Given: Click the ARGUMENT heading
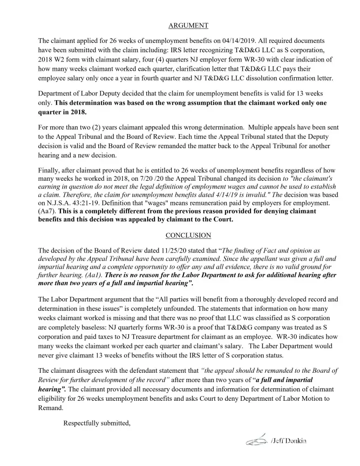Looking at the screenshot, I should click(188, 26).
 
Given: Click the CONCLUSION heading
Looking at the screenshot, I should click(188, 235).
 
